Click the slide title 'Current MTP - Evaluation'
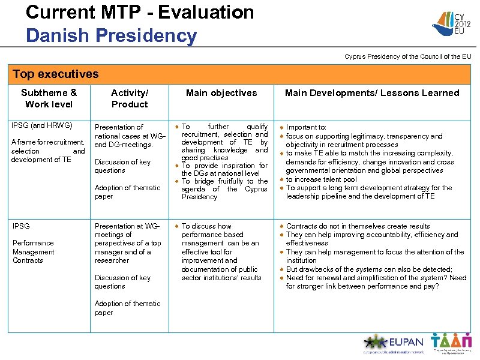[140, 12]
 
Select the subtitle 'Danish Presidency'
[111, 35]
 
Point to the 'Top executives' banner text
[55, 74]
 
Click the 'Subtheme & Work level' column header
[49, 98]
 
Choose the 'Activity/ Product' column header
[130, 98]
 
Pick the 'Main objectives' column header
[221, 93]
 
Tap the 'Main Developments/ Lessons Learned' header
[371, 93]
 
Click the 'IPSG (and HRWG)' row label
[42, 125]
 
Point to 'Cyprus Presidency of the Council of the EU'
[407, 56]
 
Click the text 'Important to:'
[306, 127]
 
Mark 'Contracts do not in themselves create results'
[358, 226]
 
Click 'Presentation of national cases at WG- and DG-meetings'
[129, 136]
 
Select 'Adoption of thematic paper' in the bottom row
[127, 308]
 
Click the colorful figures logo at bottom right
[451, 343]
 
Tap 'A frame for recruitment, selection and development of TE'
[48, 151]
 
